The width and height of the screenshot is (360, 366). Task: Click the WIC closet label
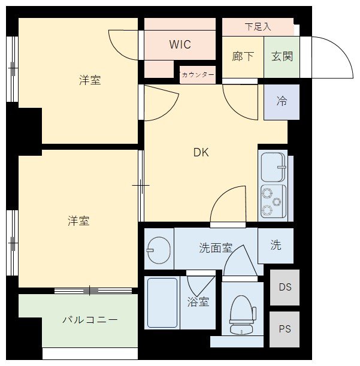point(180,44)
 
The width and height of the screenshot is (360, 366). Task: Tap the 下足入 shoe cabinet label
point(258,26)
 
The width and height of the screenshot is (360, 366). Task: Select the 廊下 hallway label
point(243,56)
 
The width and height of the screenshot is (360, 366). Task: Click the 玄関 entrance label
point(282,56)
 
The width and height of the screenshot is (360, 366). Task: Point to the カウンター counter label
point(198,75)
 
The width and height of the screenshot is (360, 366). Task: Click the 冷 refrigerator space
point(282,102)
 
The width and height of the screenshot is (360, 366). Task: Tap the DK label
point(201,152)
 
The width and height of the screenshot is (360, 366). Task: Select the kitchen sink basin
point(273,167)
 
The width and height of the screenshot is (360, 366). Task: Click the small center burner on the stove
point(277,202)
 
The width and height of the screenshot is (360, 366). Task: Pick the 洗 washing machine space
point(276,246)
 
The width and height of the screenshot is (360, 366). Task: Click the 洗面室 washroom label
point(216,248)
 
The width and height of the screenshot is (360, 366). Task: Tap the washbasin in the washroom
point(159,250)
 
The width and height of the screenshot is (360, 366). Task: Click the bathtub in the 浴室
point(162,303)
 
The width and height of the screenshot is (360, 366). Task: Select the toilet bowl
point(242,314)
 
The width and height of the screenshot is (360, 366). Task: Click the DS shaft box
point(285,288)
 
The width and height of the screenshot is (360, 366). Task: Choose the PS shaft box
point(285,329)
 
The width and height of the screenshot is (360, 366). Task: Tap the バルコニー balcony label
point(90,319)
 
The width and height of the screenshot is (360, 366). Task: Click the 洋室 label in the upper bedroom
point(90,80)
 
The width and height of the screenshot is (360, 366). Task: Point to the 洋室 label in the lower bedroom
point(78,221)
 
